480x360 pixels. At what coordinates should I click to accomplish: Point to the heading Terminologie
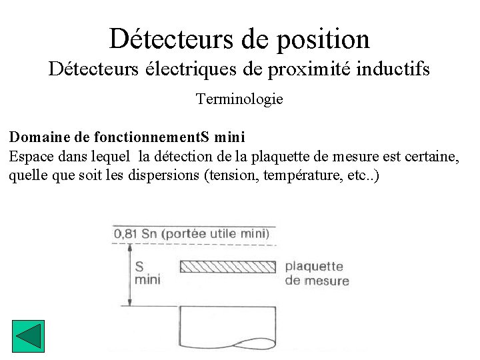[x=239, y=99]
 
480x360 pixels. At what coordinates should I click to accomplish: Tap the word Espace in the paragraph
[x=30, y=157]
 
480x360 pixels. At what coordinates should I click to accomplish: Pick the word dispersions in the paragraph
[x=167, y=177]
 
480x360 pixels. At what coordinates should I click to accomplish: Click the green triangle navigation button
[x=28, y=336]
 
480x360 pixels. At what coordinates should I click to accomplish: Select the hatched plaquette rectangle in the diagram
[x=227, y=267]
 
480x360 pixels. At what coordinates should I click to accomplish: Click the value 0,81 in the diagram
[x=126, y=233]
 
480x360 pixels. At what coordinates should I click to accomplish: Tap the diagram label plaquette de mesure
[x=316, y=273]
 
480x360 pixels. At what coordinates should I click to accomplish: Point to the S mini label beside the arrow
[x=147, y=273]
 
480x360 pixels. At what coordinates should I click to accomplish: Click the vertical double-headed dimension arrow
[x=128, y=275]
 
